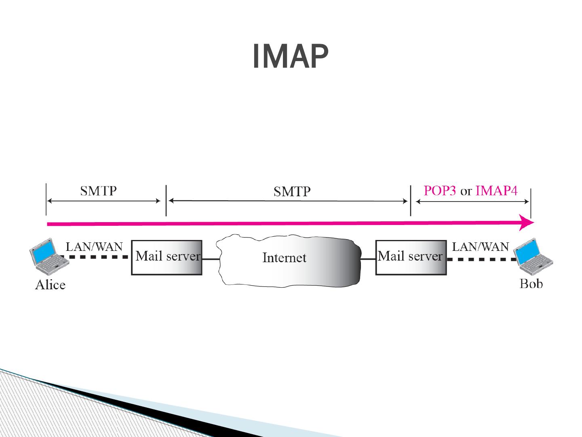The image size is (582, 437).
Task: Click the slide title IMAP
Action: click(x=290, y=57)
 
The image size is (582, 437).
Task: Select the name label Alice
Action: click(x=50, y=285)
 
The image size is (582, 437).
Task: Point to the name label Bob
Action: click(x=531, y=284)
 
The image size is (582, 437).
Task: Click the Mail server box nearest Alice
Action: click(x=167, y=257)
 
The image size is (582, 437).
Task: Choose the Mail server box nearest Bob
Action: click(x=411, y=257)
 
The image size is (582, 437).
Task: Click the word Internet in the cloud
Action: click(x=284, y=258)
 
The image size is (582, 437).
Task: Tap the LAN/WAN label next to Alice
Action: click(x=94, y=246)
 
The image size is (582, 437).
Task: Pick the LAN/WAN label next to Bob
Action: click(x=480, y=246)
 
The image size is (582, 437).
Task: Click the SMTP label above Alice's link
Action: click(x=98, y=191)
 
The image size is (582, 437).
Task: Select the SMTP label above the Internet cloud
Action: click(x=292, y=191)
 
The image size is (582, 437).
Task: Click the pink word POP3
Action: click(x=440, y=191)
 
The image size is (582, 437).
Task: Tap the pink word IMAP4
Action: click(x=496, y=191)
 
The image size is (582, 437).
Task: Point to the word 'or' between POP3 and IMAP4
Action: click(x=466, y=191)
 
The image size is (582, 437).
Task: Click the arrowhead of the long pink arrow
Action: click(x=527, y=223)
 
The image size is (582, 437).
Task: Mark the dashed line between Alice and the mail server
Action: click(x=97, y=257)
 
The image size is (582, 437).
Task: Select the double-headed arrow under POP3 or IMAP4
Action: click(x=472, y=202)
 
